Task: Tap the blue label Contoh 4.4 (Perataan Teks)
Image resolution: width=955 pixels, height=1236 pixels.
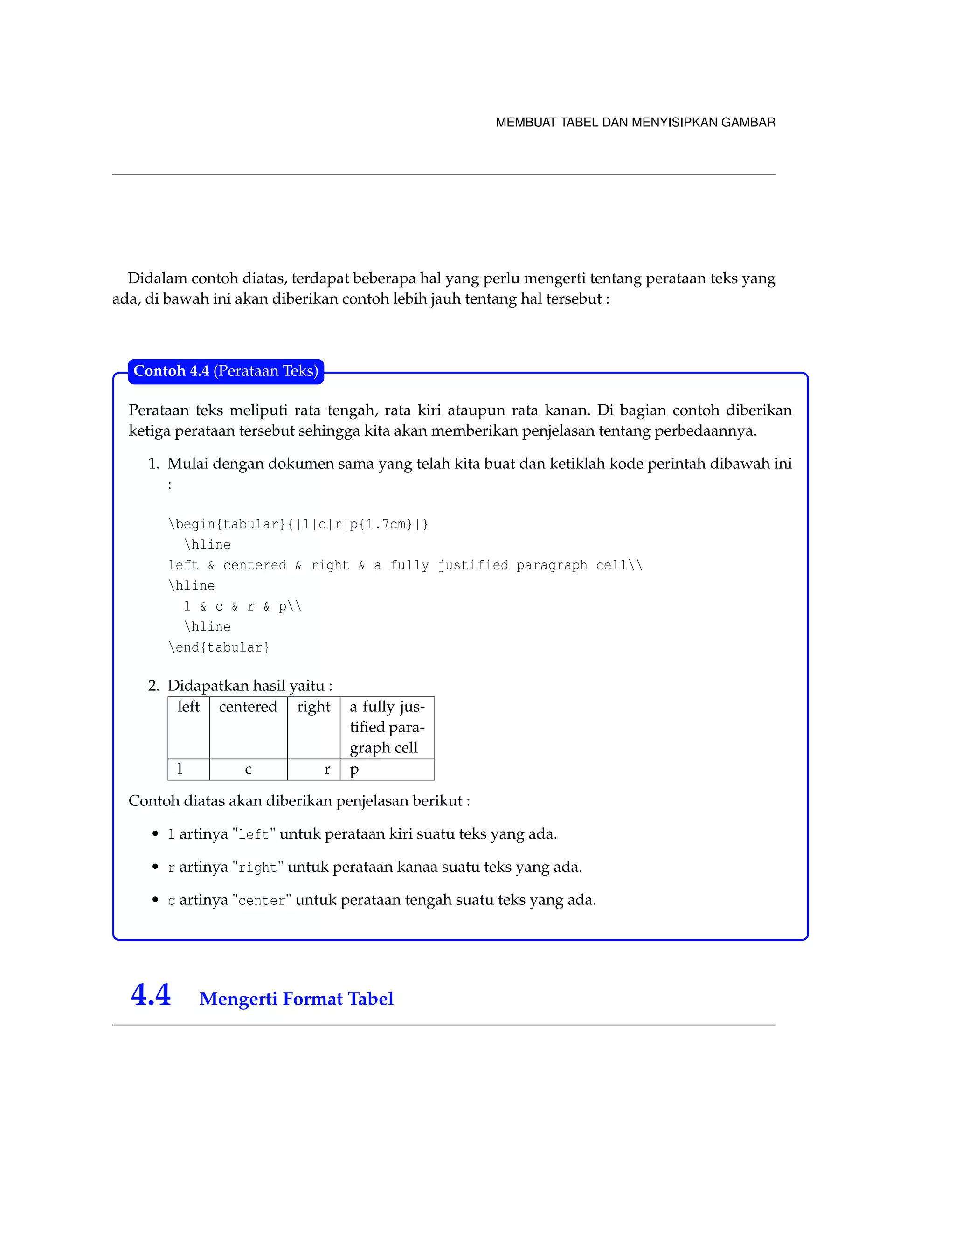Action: pyautogui.click(x=226, y=371)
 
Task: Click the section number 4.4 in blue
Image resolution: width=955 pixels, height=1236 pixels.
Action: pyautogui.click(x=151, y=995)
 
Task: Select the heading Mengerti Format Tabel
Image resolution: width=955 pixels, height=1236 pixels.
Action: pyautogui.click(x=296, y=999)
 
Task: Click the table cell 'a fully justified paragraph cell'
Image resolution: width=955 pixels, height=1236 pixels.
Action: pyautogui.click(x=387, y=727)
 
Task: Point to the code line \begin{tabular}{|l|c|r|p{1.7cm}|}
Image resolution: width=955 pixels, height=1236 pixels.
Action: pyautogui.click(x=298, y=525)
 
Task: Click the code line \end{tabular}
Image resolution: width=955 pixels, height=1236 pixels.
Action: pyautogui.click(x=219, y=647)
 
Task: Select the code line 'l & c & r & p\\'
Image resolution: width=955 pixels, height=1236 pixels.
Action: pyautogui.click(x=242, y=607)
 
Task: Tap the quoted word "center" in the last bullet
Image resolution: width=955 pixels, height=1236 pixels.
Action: pyautogui.click(x=262, y=900)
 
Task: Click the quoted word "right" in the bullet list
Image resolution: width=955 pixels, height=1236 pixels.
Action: pyautogui.click(x=257, y=868)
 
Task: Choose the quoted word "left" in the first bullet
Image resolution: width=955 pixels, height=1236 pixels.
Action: pyautogui.click(x=254, y=835)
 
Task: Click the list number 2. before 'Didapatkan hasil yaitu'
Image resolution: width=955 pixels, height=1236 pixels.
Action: pyautogui.click(x=153, y=686)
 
